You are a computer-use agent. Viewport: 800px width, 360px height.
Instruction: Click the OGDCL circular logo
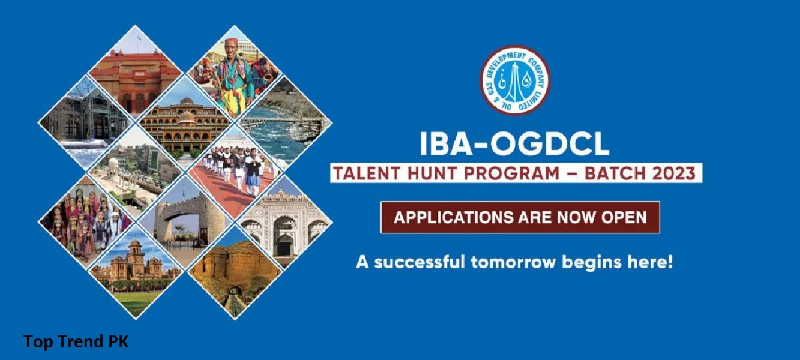pyautogui.click(x=515, y=80)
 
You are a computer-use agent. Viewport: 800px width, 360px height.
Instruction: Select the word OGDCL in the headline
pyautogui.click(x=549, y=144)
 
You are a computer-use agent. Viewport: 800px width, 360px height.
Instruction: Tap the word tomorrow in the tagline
pyautogui.click(x=513, y=262)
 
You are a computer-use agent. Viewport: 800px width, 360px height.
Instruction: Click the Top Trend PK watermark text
pyautogui.click(x=76, y=341)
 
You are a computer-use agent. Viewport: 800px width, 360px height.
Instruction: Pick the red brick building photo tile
pyautogui.click(x=136, y=73)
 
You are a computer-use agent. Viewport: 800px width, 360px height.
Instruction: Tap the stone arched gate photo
pyautogui.click(x=185, y=222)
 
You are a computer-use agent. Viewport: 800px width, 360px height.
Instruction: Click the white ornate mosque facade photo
pyautogui.click(x=284, y=222)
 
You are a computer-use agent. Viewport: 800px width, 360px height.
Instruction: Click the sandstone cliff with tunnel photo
pyautogui.click(x=235, y=271)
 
